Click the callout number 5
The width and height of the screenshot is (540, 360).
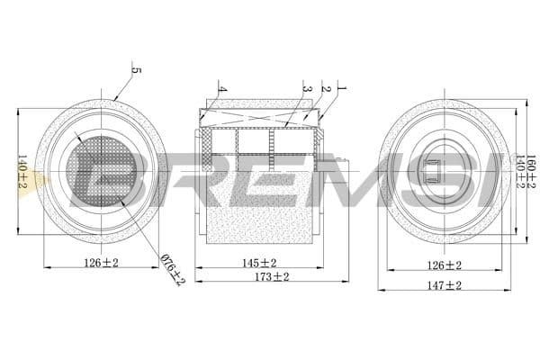136,70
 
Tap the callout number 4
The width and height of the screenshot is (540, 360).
221,91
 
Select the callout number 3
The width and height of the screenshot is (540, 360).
307,89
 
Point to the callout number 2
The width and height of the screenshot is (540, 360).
326,89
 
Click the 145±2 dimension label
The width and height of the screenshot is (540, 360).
259,263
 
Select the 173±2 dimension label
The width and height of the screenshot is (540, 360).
271,277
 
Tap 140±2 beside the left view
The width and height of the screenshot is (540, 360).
23,171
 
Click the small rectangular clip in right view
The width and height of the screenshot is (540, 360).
434,171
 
